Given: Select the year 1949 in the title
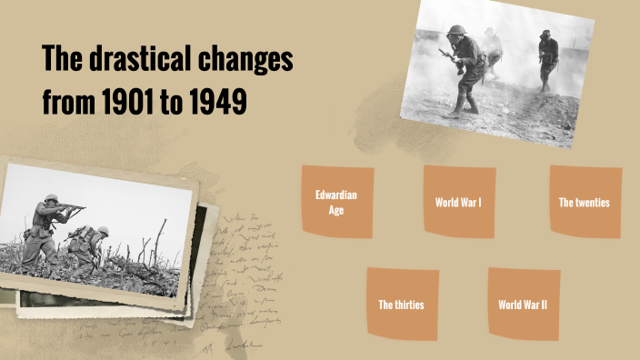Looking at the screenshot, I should pos(218,102).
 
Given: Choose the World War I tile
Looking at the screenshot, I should pos(458,202).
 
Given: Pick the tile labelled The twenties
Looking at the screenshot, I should pos(585,202).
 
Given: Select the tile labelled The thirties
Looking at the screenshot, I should pos(401,304).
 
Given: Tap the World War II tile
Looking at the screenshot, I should pos(523,304).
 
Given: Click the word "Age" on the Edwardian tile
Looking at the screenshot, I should pos(336,210).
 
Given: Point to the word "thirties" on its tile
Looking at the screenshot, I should pos(408,304).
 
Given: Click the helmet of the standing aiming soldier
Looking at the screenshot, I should pos(51,197).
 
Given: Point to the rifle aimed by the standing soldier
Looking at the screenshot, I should pos(73,210).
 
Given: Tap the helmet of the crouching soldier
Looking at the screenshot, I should pos(103,231).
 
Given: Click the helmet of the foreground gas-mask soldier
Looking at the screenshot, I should pos(456,30).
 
